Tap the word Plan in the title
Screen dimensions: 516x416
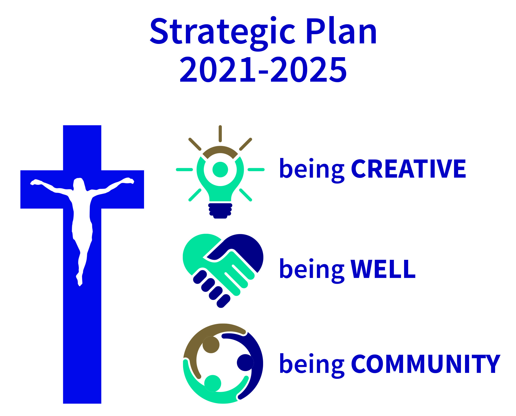click(x=341, y=31)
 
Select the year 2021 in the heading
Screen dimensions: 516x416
click(x=217, y=69)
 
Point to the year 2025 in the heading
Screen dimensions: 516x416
click(x=308, y=69)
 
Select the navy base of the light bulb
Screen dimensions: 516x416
click(x=220, y=211)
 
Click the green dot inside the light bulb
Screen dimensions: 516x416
click(x=220, y=169)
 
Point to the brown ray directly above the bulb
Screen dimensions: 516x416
click(x=220, y=134)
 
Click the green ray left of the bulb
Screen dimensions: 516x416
click(x=184, y=170)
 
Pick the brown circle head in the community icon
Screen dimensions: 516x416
click(x=211, y=345)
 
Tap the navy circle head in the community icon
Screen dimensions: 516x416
click(x=245, y=363)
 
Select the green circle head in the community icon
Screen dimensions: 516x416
click(x=213, y=383)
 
